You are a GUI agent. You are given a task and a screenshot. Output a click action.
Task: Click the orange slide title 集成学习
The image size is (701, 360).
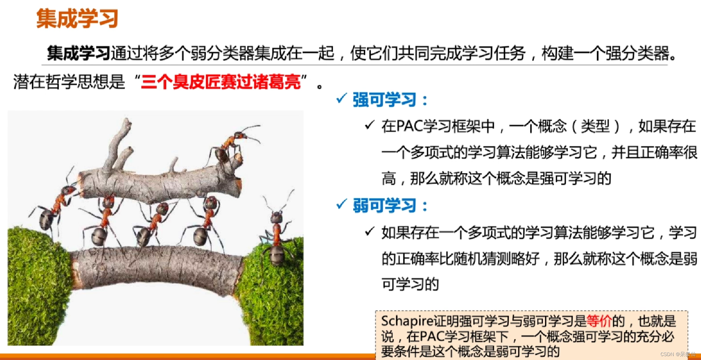[77, 18]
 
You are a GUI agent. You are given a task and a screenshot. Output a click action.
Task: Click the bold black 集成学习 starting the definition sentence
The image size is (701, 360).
[79, 53]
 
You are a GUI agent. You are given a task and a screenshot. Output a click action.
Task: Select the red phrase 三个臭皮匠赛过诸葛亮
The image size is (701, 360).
[221, 82]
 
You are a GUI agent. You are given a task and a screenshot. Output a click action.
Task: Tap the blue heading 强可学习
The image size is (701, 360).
[384, 100]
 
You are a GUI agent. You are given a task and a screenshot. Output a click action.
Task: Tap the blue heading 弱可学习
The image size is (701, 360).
[384, 205]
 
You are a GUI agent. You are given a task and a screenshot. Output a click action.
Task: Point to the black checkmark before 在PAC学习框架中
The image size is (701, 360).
[370, 125]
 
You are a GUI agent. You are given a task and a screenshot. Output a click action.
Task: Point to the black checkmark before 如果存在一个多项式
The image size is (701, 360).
[370, 231]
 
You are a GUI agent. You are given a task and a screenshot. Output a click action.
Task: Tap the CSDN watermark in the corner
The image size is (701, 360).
[678, 354]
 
